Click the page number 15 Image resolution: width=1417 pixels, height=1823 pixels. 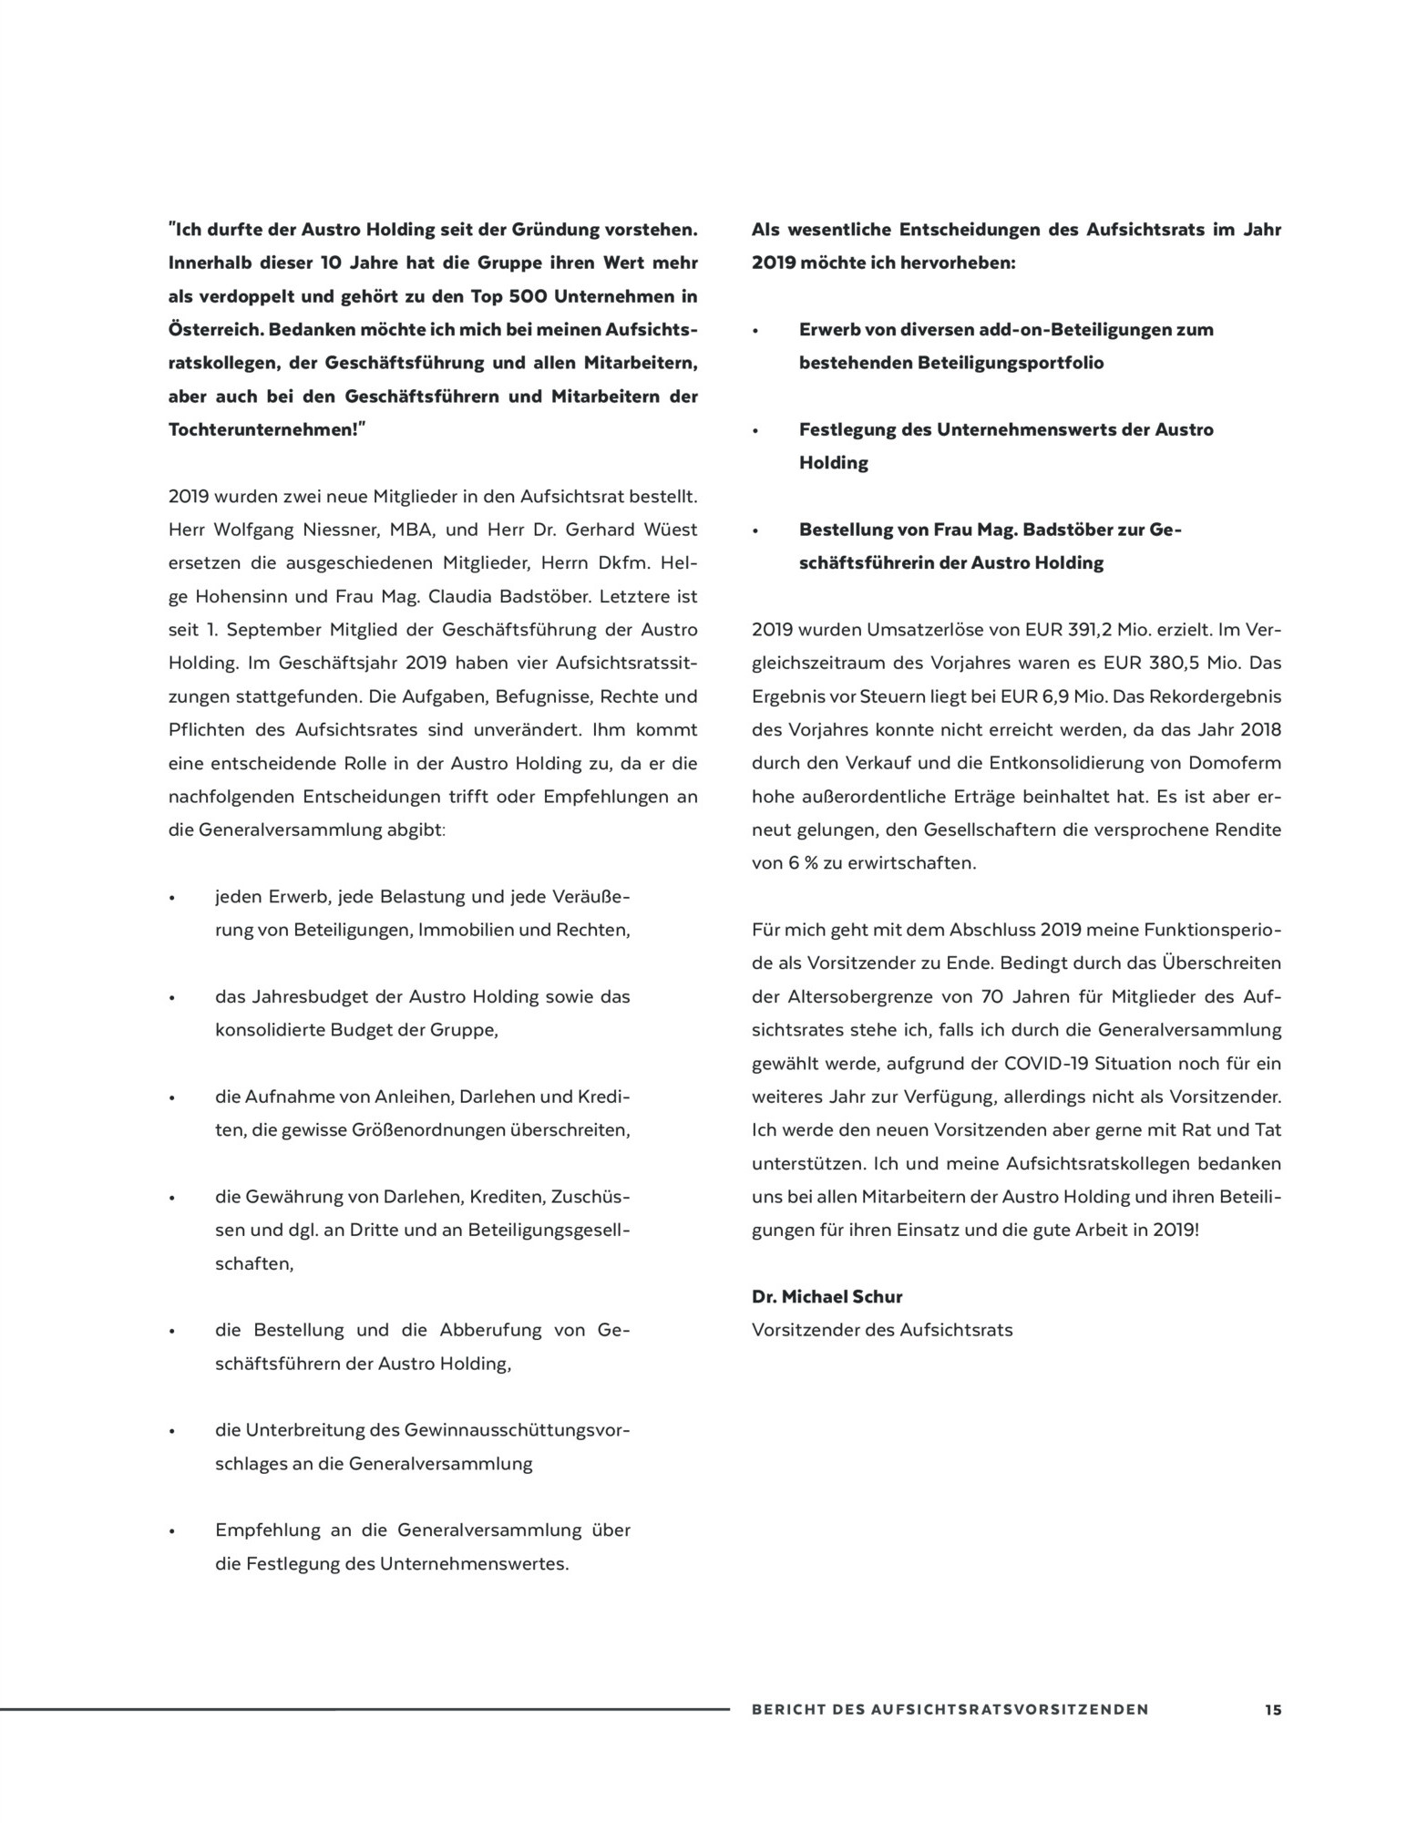1272,1710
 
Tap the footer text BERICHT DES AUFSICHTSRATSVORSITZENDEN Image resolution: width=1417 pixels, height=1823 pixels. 950,1710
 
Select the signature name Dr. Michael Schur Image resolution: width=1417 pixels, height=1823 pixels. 827,1296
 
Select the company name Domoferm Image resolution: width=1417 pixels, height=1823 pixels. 1236,764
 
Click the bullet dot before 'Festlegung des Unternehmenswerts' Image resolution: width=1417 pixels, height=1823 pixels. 756,430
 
